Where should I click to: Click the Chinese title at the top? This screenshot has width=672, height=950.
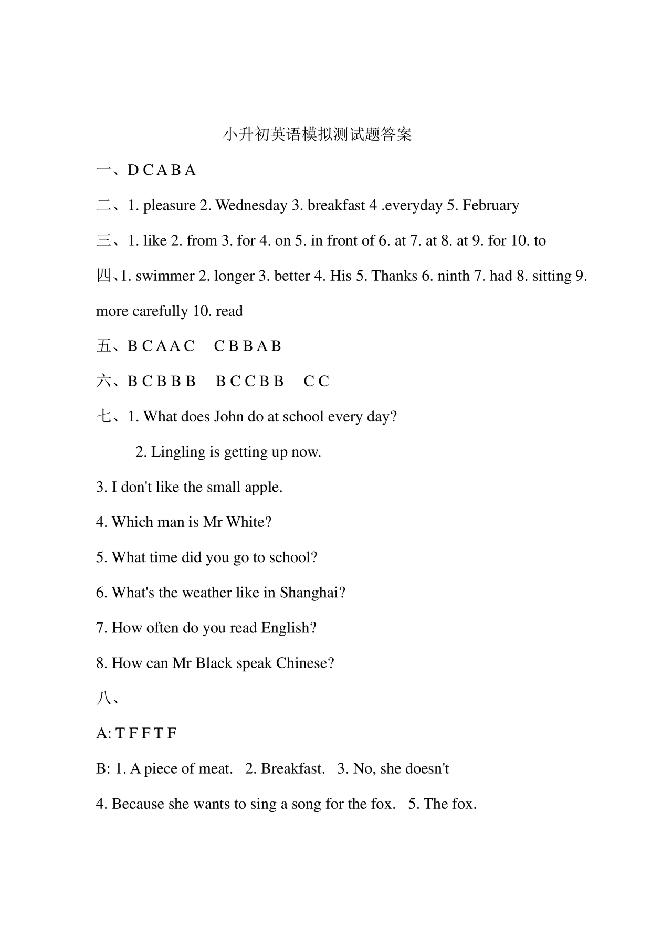click(x=318, y=134)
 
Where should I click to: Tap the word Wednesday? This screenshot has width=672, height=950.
click(x=251, y=205)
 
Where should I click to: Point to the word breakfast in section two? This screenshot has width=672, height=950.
click(x=336, y=205)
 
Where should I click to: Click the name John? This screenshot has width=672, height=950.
click(x=226, y=417)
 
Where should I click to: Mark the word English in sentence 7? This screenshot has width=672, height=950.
click(x=286, y=628)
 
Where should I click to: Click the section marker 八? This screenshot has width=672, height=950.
click(x=103, y=699)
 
